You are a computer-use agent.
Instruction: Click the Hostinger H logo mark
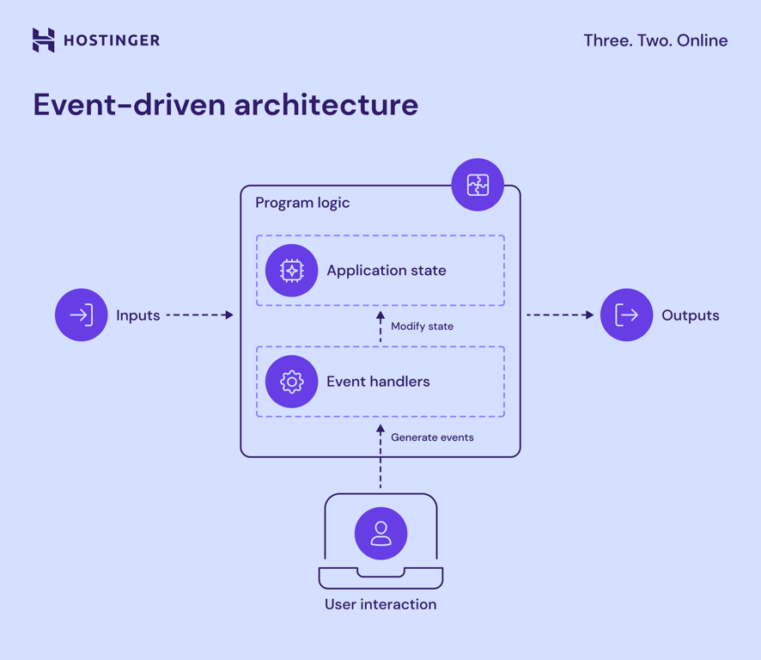tap(43, 40)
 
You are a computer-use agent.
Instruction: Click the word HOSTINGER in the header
tap(112, 40)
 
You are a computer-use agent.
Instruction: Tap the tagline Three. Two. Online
tap(655, 40)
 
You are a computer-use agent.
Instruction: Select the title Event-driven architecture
tap(225, 105)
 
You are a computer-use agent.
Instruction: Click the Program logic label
tap(302, 203)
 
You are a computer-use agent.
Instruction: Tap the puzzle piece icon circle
tap(478, 185)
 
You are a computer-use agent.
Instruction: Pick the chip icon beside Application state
tap(291, 271)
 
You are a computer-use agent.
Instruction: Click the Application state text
tap(386, 271)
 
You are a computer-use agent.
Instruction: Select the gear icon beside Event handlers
tap(291, 382)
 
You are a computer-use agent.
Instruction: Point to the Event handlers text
tap(378, 382)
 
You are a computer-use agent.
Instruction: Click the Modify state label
tap(422, 327)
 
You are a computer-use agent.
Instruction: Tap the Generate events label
tap(432, 437)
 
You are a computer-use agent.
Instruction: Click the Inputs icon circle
tap(82, 315)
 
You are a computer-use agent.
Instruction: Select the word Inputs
tap(138, 315)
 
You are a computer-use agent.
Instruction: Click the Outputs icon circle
tap(627, 315)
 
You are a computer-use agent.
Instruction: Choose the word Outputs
tap(690, 315)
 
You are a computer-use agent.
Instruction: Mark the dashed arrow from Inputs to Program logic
tap(199, 315)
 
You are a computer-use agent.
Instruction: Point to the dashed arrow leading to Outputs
tap(560, 315)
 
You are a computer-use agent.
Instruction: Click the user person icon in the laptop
tap(380, 534)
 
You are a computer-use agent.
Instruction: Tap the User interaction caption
tap(380, 604)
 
